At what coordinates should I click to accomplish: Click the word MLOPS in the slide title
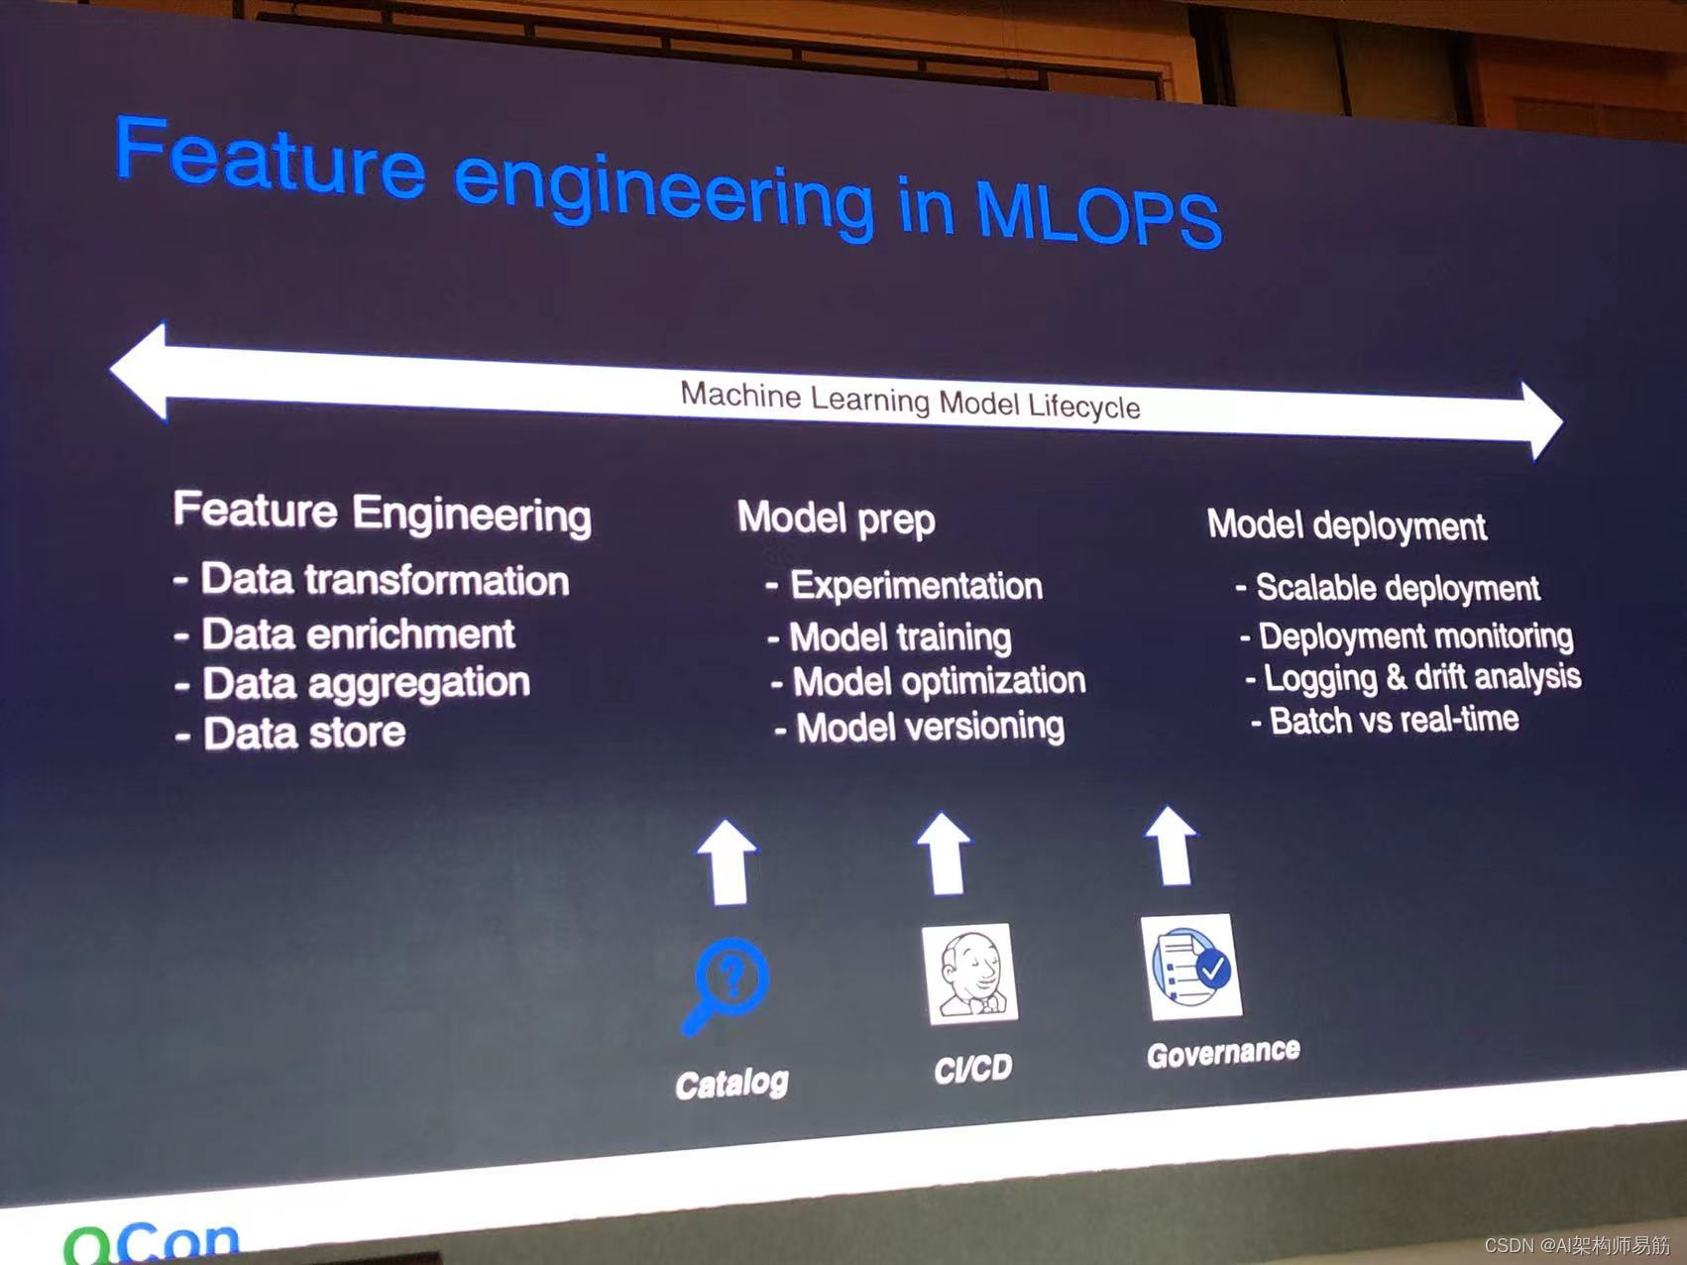(1098, 211)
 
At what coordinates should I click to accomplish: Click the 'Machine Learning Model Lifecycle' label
(910, 401)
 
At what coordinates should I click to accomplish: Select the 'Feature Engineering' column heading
(382, 513)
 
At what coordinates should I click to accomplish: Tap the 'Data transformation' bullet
(372, 580)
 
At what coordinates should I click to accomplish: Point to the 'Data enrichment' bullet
(345, 634)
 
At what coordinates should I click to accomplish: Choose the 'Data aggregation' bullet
(353, 684)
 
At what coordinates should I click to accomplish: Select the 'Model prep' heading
(836, 518)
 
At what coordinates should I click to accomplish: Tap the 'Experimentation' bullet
(904, 586)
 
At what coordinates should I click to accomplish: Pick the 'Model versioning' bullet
(920, 727)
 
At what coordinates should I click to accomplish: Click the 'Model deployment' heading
(1346, 525)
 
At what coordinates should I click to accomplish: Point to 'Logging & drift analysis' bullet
(1413, 677)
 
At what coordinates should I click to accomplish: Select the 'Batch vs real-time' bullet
(1385, 720)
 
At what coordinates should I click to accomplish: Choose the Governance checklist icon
(1190, 967)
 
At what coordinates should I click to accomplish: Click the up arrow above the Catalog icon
(728, 862)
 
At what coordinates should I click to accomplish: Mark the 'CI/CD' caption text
(973, 1068)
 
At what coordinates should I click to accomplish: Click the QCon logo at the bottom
(152, 1242)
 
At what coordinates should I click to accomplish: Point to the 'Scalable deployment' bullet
(1388, 588)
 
